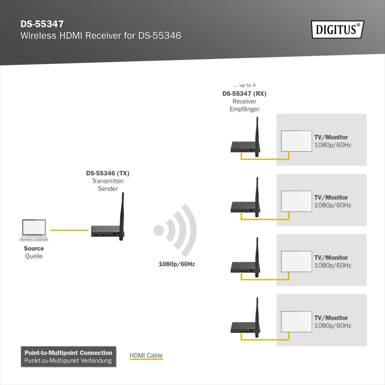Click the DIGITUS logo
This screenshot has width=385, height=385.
click(x=338, y=30)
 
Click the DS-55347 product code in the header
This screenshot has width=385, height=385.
click(x=42, y=24)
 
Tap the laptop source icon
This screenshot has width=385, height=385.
click(x=34, y=230)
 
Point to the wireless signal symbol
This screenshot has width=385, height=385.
click(x=175, y=230)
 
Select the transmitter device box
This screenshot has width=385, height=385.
click(x=106, y=231)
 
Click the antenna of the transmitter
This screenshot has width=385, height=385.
click(x=122, y=216)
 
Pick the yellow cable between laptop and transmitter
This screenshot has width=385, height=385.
click(x=69, y=230)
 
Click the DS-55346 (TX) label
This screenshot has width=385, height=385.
click(x=107, y=173)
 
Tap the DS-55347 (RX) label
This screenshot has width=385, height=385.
click(x=244, y=94)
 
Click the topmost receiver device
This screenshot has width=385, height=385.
click(x=245, y=147)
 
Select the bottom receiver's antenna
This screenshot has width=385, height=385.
click(x=257, y=317)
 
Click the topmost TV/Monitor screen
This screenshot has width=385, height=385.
click(x=296, y=141)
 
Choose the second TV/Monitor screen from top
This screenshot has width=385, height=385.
click(x=296, y=201)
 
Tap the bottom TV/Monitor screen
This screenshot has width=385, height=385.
click(x=296, y=321)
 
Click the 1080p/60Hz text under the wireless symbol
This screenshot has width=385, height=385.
click(x=177, y=264)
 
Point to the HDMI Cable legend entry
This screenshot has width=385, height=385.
click(x=146, y=356)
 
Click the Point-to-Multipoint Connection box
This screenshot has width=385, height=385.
click(x=68, y=357)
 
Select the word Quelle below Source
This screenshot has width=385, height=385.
click(x=34, y=256)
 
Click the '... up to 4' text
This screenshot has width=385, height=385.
click(x=244, y=85)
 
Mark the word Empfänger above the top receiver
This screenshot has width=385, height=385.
click(x=244, y=109)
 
